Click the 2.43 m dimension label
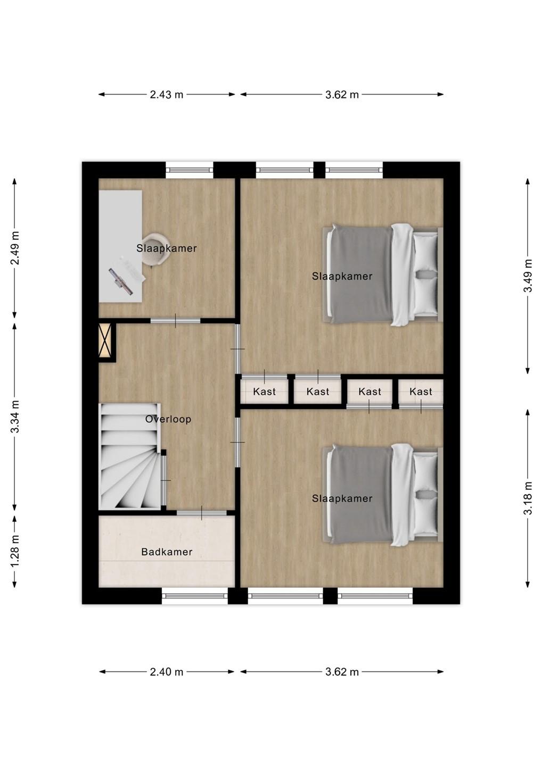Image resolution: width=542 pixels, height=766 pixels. point(166,95)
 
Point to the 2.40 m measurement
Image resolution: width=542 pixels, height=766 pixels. point(166,672)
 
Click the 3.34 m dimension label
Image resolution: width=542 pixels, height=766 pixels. point(15,416)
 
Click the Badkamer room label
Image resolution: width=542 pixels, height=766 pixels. point(167,552)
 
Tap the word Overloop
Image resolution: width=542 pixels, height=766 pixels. point(168,419)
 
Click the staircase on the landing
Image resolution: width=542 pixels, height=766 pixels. point(130,456)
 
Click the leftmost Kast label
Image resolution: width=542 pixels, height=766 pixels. point(264,392)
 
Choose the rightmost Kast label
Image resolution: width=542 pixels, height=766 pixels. point(421,392)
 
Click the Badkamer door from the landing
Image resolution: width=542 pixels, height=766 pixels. point(202,513)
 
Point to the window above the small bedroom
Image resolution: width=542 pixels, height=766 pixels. point(190,170)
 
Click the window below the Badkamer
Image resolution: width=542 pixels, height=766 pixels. point(195,596)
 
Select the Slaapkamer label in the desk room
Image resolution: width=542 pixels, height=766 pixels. point(167,248)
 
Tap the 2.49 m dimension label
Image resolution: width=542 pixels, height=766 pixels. point(15,248)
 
